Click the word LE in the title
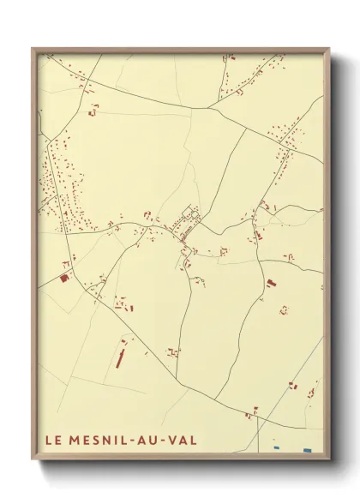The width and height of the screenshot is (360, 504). (51, 440)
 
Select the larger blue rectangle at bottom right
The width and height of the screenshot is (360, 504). (307, 450)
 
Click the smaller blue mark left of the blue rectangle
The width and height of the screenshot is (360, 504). (275, 448)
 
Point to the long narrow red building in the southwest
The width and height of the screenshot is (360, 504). (120, 352)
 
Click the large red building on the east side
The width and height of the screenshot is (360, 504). (271, 282)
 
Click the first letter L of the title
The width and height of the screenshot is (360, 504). (47, 440)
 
